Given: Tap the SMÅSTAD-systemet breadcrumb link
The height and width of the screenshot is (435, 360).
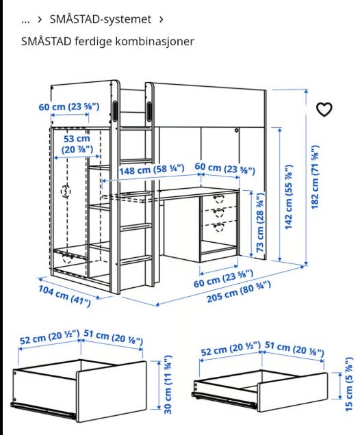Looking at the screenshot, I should pos(100,19).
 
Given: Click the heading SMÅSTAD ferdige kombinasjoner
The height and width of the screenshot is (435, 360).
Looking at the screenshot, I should pos(107,42).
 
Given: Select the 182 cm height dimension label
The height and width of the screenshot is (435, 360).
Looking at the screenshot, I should pos(316,177).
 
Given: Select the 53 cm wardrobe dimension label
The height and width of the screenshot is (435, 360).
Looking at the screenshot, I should pos(77,144).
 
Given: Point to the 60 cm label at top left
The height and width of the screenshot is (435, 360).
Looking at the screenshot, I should pos(68,107).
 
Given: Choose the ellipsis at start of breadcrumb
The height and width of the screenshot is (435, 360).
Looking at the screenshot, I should pos(25,19).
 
